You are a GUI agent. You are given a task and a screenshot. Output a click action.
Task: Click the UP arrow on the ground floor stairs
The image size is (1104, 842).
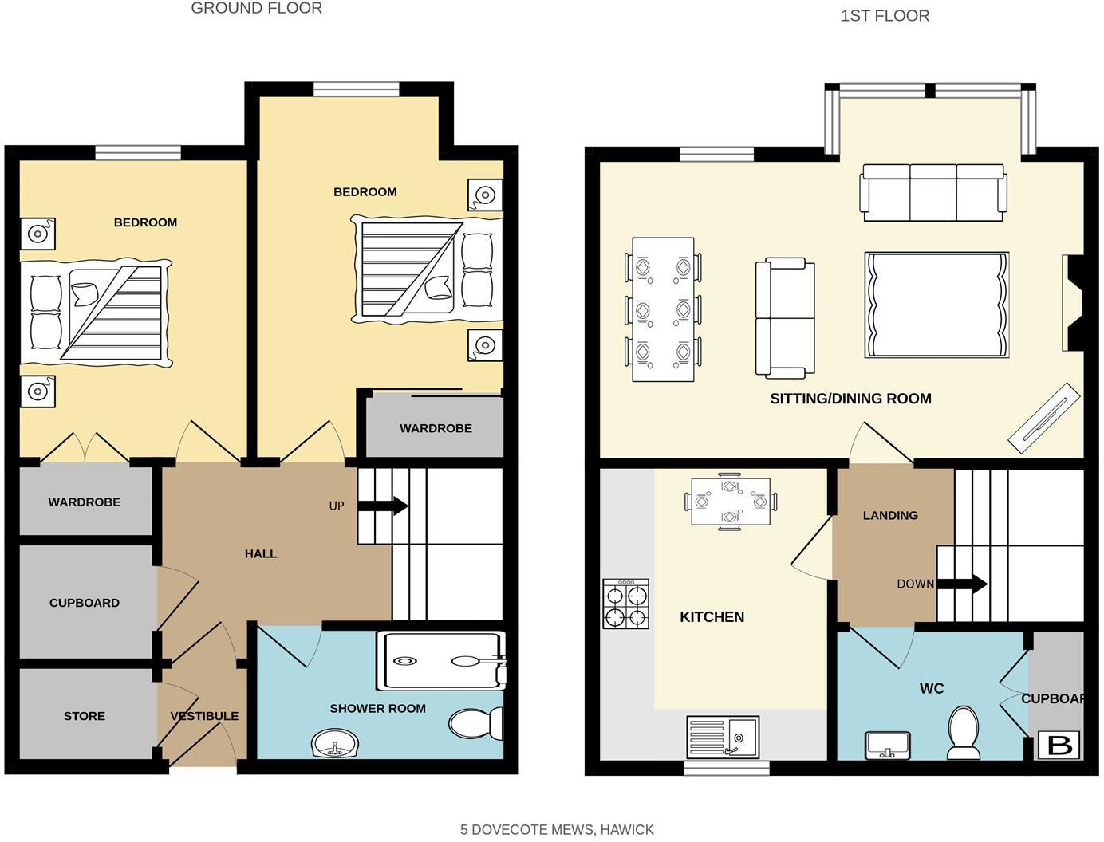[x=383, y=506]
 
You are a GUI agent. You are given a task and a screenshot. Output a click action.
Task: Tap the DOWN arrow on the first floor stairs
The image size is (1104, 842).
[x=962, y=584]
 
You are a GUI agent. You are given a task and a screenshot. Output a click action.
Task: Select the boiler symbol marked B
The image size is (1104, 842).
[x=1059, y=745]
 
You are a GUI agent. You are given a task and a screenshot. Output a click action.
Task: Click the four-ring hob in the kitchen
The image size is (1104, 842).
[x=625, y=605]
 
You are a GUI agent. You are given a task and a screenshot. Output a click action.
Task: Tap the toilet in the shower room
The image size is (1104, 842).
[x=477, y=724]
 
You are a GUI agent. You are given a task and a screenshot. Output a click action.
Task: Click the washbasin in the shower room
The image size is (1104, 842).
[x=335, y=745]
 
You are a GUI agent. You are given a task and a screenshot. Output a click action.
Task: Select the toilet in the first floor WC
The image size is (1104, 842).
[x=964, y=733]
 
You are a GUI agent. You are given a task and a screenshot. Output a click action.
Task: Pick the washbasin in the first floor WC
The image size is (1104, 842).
[x=887, y=746]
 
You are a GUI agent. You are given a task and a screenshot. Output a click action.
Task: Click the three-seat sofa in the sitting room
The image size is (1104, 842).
[x=932, y=192]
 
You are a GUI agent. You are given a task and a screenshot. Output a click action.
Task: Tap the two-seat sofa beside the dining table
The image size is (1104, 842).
[x=785, y=317]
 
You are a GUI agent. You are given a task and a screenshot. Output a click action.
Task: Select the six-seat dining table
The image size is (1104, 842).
[x=662, y=309]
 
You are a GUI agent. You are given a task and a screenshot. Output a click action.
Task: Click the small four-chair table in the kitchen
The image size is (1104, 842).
[x=731, y=502]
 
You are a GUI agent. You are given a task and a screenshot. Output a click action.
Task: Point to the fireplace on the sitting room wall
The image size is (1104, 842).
[x=1072, y=303]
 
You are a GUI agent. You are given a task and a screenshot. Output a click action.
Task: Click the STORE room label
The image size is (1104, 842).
[x=84, y=716]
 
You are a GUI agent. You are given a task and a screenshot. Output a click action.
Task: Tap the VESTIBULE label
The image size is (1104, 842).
[x=204, y=716]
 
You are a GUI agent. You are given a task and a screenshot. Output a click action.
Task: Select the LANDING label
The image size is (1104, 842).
[x=890, y=515]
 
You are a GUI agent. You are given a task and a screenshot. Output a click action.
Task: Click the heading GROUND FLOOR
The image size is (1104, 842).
[x=257, y=9]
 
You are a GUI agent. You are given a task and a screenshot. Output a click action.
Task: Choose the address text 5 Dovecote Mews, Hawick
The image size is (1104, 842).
[x=557, y=829]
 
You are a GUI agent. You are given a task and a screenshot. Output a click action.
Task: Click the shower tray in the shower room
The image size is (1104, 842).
[x=440, y=661]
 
